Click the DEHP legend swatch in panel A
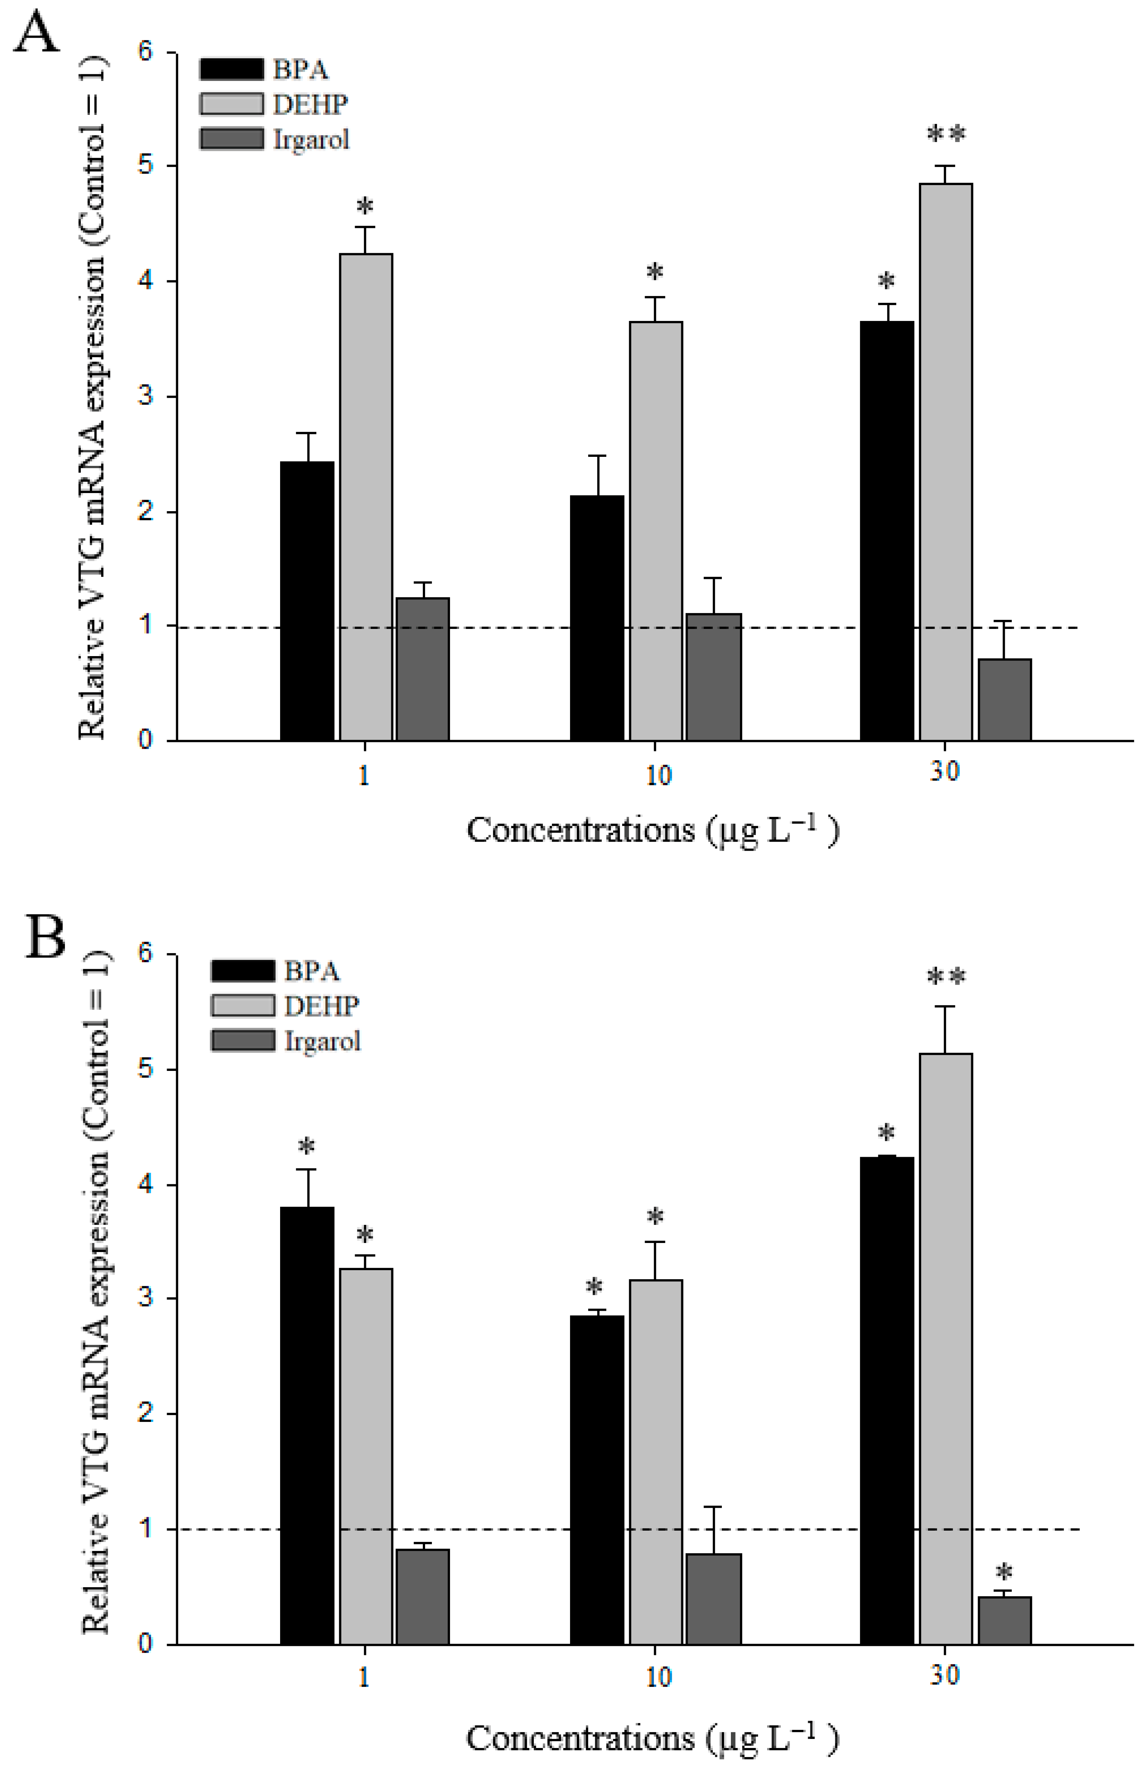pos(231,104)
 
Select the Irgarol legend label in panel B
pos(322,1041)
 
